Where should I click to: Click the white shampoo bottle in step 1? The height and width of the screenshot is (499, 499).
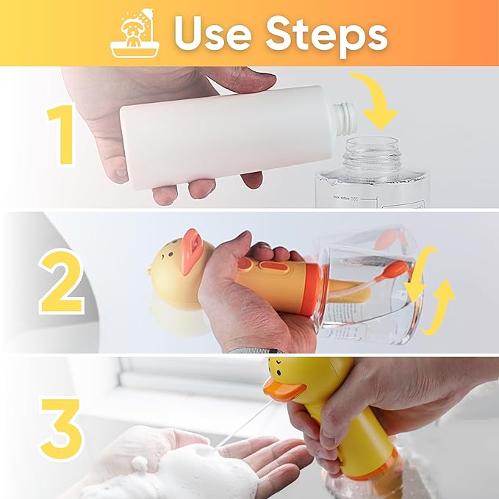[x=220, y=136]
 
